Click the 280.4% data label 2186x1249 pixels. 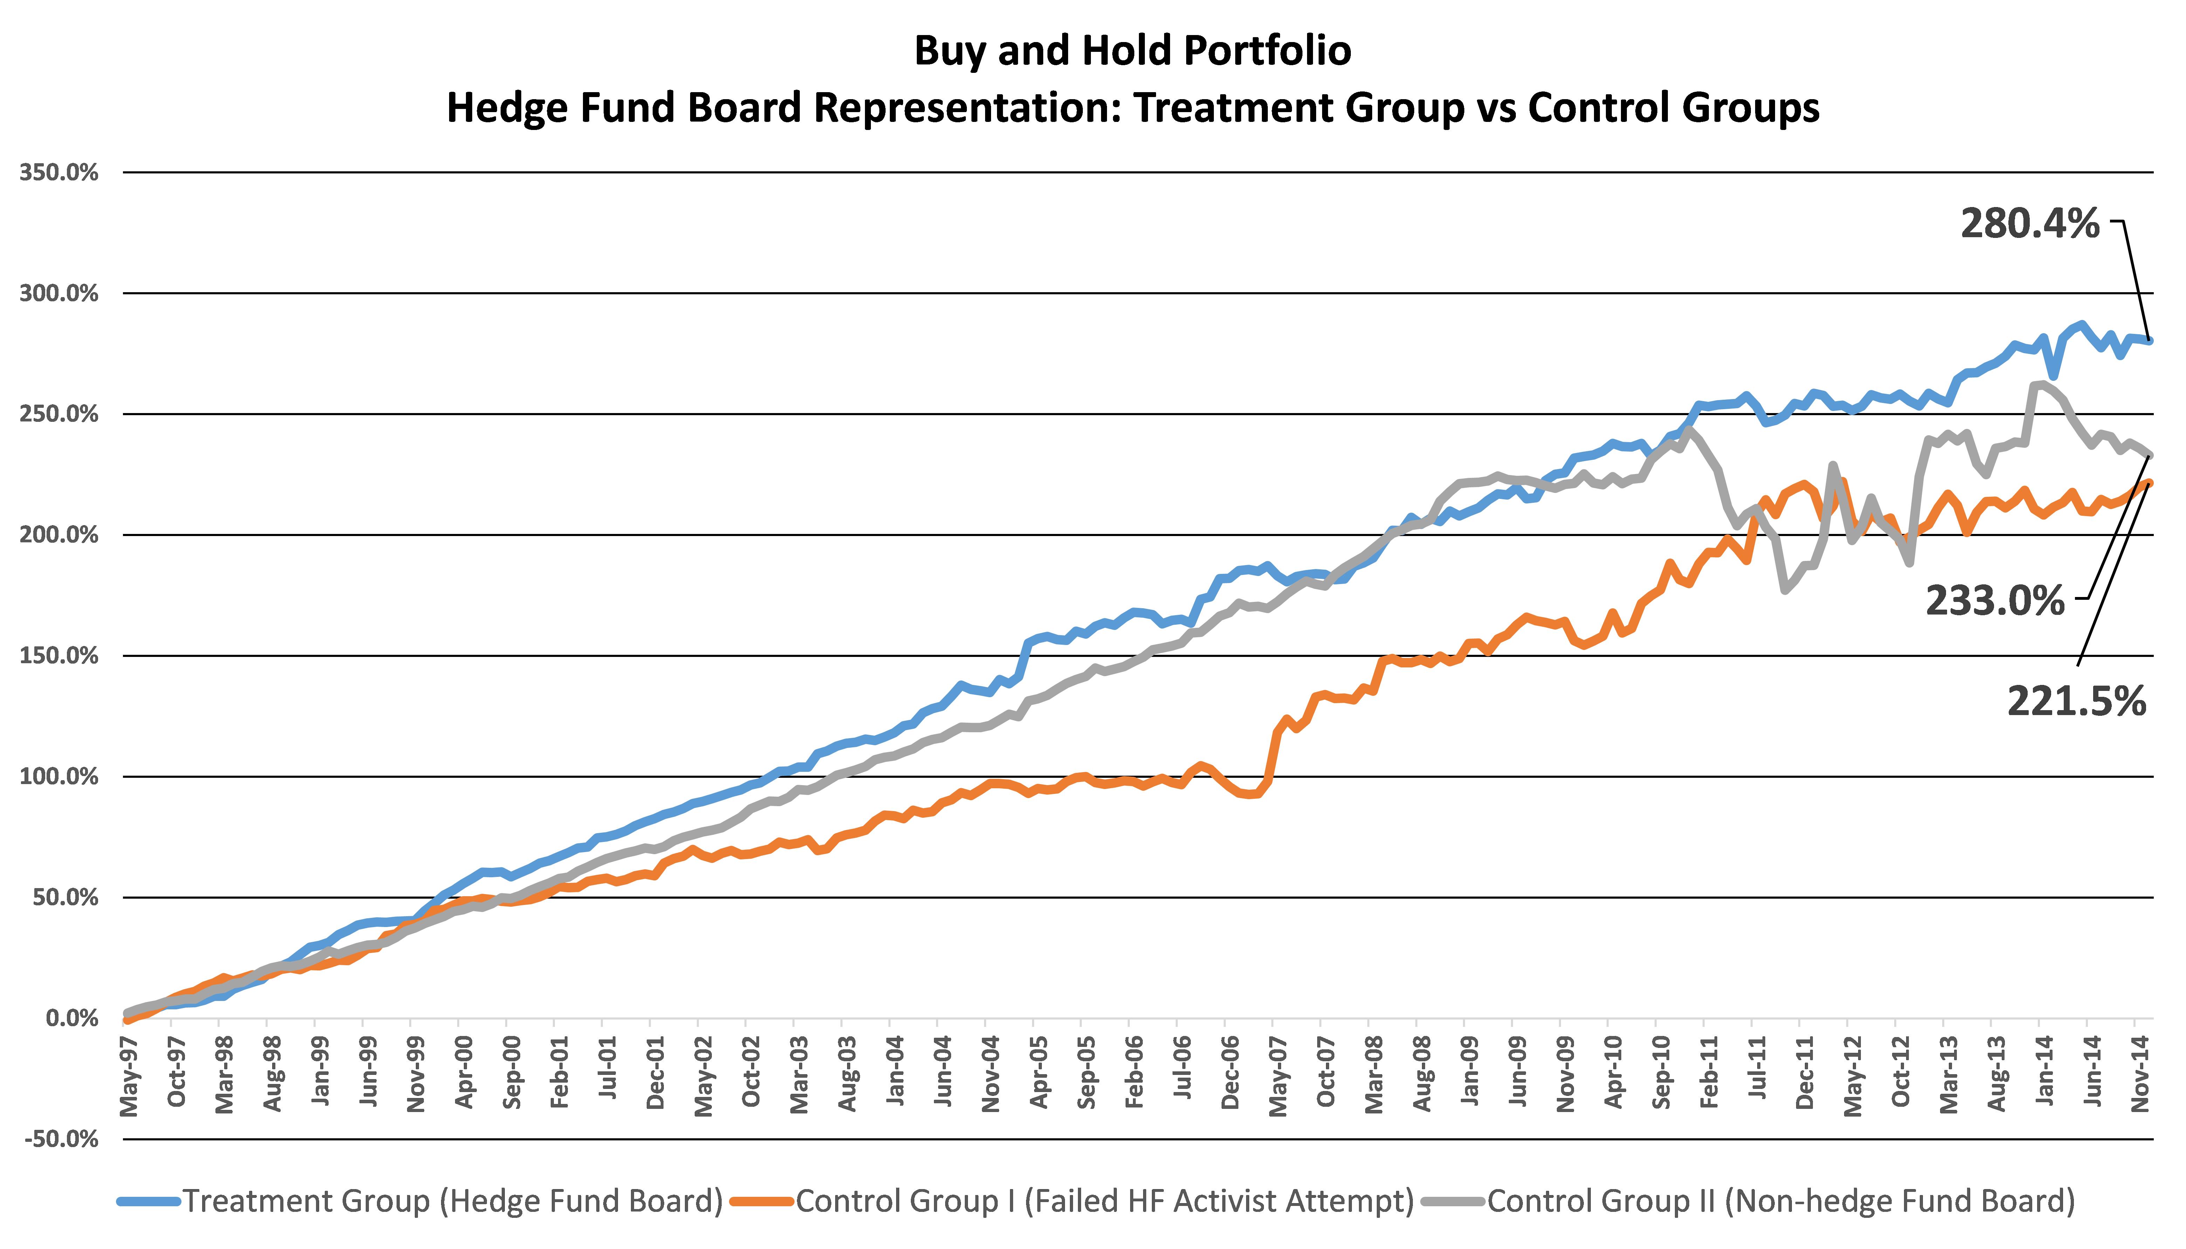pos(2029,225)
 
